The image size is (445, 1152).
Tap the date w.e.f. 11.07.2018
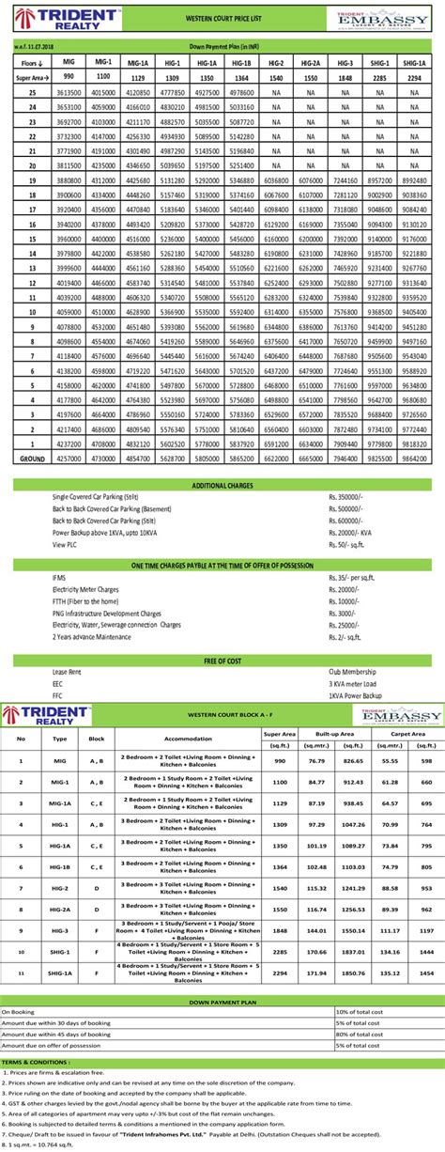[x=32, y=43]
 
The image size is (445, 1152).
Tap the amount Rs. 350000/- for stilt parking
[x=347, y=495]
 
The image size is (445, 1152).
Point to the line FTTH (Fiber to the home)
[x=90, y=599]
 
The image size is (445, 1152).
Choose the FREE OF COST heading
[x=222, y=661]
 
